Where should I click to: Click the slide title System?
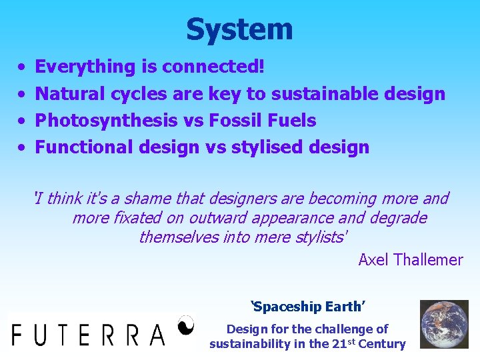(239, 29)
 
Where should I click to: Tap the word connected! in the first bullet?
(213, 67)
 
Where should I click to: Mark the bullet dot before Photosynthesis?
(22, 121)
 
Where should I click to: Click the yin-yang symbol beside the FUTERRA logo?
(186, 325)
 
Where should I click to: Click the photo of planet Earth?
(444, 324)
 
